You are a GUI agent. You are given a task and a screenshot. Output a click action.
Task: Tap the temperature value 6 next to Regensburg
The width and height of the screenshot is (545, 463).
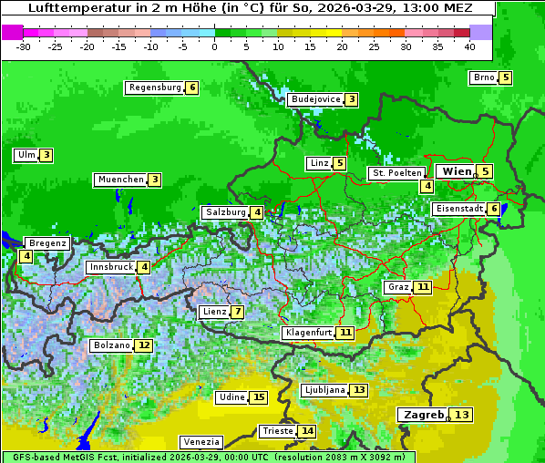pos(191,87)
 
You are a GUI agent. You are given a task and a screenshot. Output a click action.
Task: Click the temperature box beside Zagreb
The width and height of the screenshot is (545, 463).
pos(462,415)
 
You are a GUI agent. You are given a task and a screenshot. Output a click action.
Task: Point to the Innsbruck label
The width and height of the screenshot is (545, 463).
pos(109,267)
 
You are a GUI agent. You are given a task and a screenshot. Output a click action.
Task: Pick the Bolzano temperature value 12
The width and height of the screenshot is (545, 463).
pos(144,345)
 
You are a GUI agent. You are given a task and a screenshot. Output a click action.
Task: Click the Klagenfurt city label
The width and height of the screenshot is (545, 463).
pos(307,333)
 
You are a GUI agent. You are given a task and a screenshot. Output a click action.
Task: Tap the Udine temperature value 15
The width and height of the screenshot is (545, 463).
pos(259,396)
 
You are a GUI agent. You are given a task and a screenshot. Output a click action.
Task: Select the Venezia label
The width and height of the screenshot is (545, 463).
pos(200,441)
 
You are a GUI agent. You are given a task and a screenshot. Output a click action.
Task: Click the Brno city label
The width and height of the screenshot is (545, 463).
pos(483,77)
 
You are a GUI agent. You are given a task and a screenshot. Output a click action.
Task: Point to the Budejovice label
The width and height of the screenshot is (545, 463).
pos(314,98)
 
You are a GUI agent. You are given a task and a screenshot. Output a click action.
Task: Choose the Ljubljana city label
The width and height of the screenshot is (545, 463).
pos(324,390)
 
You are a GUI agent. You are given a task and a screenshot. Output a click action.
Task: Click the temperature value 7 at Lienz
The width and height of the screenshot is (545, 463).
pos(237,312)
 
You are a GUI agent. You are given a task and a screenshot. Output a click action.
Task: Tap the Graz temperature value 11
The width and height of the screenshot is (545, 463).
pos(422,287)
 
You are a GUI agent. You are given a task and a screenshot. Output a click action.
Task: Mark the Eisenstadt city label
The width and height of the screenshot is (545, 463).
pos(458,209)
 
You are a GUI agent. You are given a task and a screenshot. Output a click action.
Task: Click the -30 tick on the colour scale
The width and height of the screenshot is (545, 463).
pos(24,46)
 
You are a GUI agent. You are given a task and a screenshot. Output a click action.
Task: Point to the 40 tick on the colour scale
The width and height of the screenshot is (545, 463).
pos(469,46)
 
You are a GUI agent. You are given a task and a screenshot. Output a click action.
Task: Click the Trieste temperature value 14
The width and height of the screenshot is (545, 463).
pos(308,431)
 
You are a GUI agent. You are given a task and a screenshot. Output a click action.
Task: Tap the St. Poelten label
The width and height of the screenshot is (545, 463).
pos(396,172)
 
